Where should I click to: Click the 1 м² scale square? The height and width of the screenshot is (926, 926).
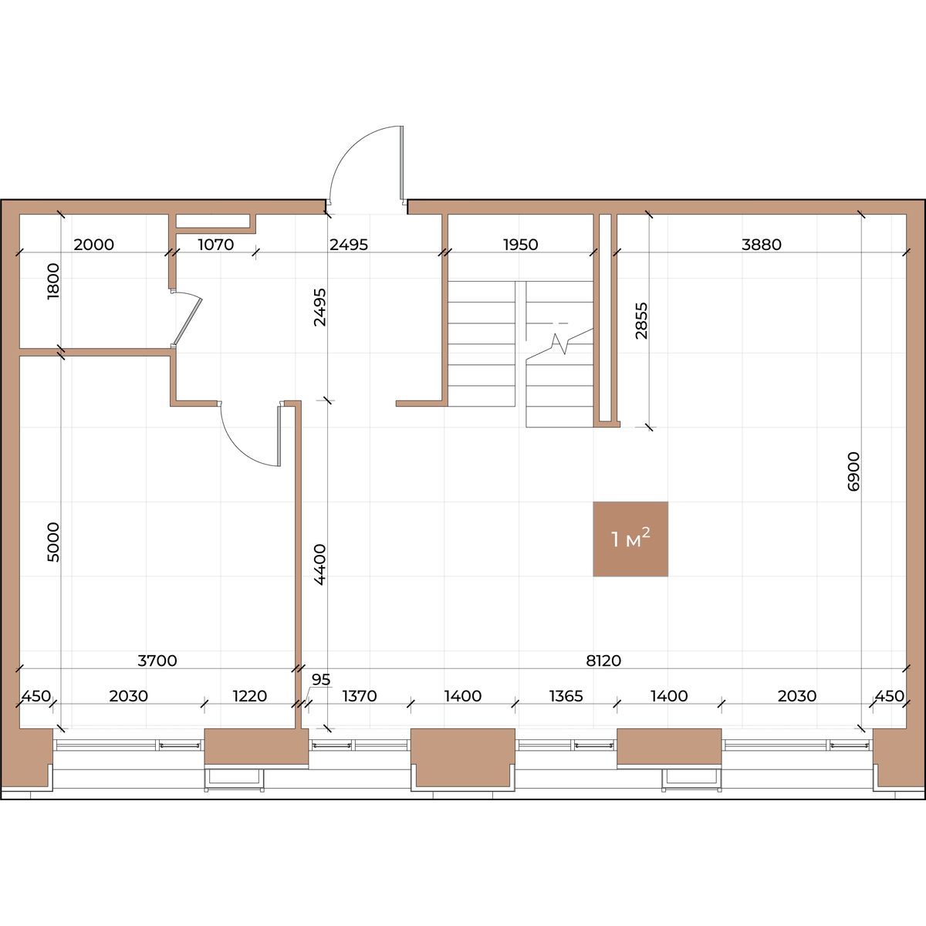(x=630, y=539)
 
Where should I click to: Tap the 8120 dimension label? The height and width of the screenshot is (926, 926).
(x=603, y=661)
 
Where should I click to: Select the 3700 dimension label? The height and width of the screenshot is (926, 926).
(x=157, y=661)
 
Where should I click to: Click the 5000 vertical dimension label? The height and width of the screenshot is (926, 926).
(x=53, y=542)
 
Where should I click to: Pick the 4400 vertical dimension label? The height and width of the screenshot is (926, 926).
(x=319, y=565)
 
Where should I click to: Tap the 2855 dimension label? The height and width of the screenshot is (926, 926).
(x=641, y=320)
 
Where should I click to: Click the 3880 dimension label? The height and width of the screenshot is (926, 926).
(x=761, y=245)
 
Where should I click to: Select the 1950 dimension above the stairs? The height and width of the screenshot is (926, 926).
(x=520, y=245)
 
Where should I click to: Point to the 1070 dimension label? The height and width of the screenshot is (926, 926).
(x=216, y=245)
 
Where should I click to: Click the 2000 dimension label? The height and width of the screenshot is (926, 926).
(x=93, y=245)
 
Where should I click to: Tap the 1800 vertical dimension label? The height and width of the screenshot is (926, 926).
(x=53, y=281)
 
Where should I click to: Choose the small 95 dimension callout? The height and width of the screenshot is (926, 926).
(x=321, y=680)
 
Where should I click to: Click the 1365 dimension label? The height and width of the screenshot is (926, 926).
(x=566, y=696)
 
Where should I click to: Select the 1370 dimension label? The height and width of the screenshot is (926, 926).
(x=360, y=696)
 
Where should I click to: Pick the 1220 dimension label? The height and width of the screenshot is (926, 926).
(x=250, y=696)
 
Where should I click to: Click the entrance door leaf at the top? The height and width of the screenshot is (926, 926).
(x=402, y=162)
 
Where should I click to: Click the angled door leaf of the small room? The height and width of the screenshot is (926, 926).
(x=188, y=321)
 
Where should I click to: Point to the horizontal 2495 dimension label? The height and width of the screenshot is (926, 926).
(x=348, y=245)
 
